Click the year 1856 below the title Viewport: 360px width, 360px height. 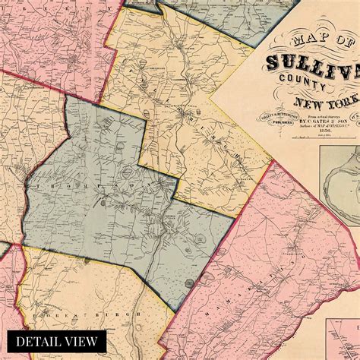(x=309, y=131)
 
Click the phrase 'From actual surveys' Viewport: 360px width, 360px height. (x=305, y=110)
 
